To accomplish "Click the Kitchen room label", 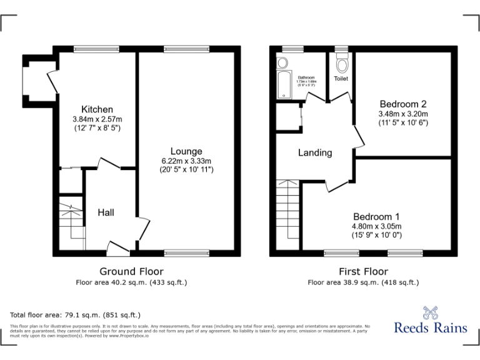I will [96, 109].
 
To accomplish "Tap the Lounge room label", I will [186, 151].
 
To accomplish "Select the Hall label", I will [106, 213].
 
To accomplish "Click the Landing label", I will [315, 152].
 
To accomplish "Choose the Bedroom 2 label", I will [402, 104].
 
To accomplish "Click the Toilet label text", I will [341, 79].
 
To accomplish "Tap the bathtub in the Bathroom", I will [284, 84].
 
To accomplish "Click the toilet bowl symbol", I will [341, 64].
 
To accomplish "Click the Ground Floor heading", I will [132, 271].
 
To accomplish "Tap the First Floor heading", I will [363, 271].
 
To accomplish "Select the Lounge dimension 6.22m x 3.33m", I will [186, 161].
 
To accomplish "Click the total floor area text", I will [76, 314].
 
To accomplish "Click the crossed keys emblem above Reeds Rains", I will [431, 311].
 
